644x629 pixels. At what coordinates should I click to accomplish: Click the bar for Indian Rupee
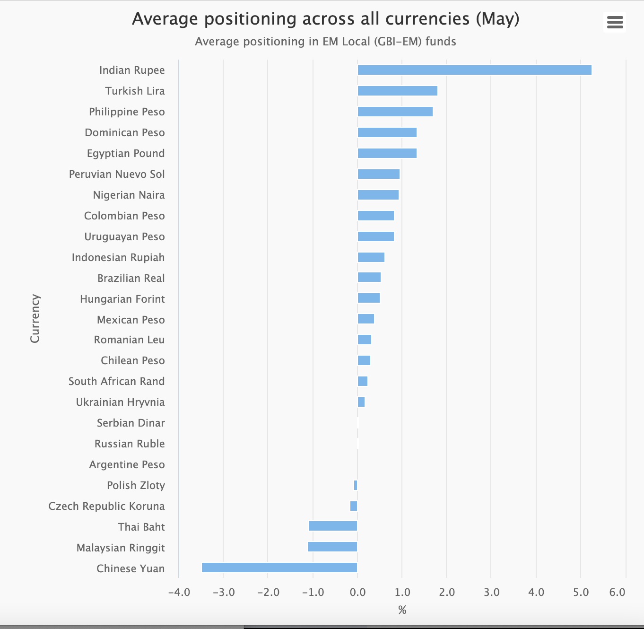tap(474, 70)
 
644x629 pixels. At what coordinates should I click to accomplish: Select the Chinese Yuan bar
tap(279, 568)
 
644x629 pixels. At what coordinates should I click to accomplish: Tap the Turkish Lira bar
tap(397, 91)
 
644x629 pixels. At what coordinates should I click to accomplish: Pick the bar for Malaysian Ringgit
tap(332, 547)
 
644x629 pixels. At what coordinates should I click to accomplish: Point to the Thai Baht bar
tap(333, 526)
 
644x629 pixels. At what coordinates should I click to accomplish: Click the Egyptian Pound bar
tap(387, 153)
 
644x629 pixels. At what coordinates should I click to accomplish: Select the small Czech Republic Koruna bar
tap(354, 506)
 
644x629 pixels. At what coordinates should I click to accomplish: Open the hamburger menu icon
tap(615, 22)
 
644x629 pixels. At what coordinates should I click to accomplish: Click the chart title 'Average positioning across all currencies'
tap(325, 19)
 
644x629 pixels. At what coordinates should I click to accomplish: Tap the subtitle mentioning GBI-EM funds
tap(325, 42)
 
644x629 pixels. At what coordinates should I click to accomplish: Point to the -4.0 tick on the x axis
tap(179, 593)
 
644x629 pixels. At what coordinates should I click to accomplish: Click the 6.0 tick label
tap(617, 593)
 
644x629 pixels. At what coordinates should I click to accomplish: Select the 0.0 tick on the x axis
tap(357, 593)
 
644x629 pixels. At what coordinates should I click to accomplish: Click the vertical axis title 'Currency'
tap(35, 318)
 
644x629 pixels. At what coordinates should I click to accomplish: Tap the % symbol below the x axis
tap(402, 610)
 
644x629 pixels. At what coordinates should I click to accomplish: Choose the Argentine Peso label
tap(127, 464)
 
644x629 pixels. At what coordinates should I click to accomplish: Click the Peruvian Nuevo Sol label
tap(117, 174)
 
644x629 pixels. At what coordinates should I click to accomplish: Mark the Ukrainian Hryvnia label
tap(120, 402)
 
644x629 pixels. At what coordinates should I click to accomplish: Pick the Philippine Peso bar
tap(395, 112)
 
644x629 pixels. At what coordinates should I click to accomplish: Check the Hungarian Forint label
tap(122, 299)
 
